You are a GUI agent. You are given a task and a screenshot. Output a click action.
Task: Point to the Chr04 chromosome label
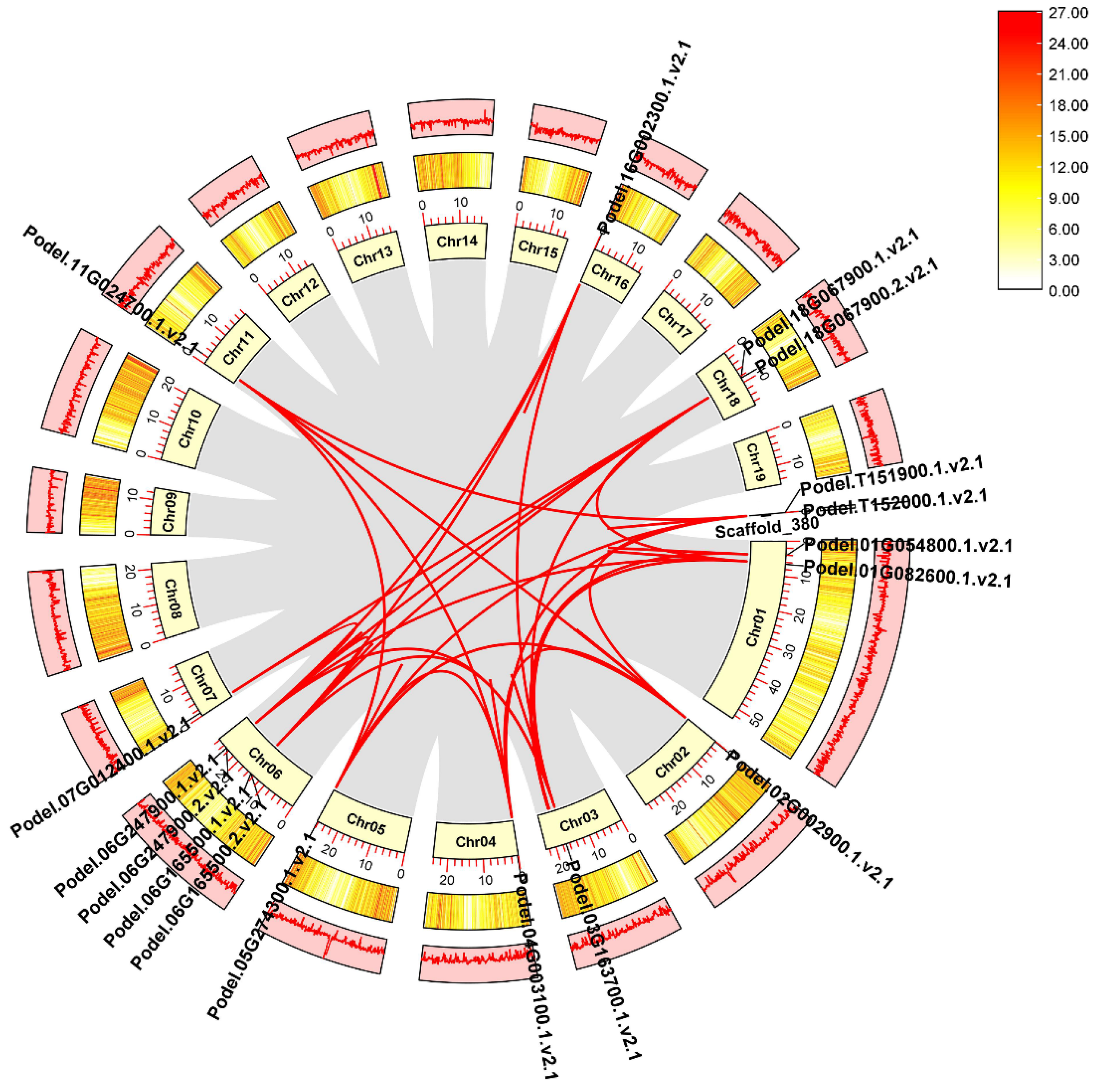[x=475, y=842]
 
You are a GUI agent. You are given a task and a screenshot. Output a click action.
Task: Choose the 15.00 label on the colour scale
[x=1068, y=136]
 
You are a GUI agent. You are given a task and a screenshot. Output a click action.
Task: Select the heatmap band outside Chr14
[x=453, y=171]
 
